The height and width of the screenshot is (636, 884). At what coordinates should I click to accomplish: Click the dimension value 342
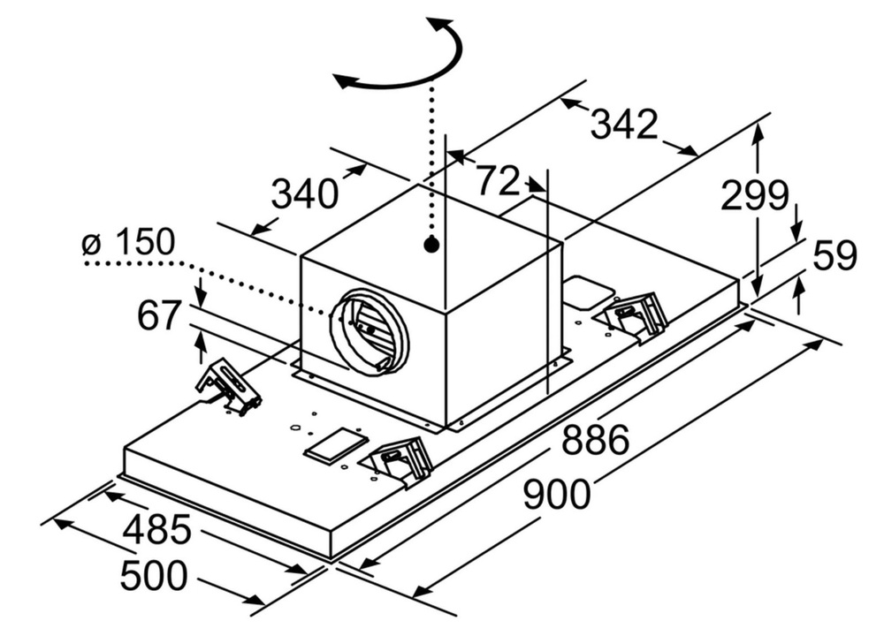point(624,125)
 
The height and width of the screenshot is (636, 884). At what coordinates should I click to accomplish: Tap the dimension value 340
point(304,193)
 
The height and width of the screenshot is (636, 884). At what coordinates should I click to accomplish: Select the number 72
point(498,181)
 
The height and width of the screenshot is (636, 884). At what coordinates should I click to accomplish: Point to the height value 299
point(754,195)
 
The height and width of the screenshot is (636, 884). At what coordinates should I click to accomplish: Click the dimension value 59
point(834,256)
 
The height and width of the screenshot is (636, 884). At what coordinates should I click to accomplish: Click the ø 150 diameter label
point(129,242)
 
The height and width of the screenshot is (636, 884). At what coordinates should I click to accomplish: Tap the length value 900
point(556,494)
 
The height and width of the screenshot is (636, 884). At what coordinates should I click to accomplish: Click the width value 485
point(156,529)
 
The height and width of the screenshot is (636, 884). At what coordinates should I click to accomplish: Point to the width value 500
point(154,576)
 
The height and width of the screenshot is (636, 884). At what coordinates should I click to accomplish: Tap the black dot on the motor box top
point(431,245)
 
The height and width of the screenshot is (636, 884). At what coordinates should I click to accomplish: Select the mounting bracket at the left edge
point(229,387)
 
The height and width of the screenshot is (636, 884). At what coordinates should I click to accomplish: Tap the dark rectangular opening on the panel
point(335,446)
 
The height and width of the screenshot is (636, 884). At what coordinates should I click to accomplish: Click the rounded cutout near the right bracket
point(588,290)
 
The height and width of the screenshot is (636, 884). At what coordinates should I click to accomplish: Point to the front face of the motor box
point(371,336)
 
